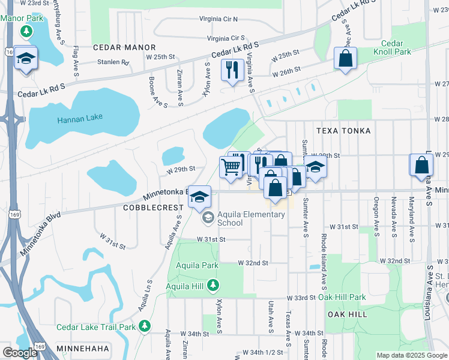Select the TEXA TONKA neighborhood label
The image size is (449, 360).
343,130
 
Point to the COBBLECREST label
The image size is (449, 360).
152,208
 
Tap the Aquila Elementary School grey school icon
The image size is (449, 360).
208,218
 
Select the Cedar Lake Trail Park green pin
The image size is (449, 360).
145,326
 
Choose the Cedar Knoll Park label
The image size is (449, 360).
397,47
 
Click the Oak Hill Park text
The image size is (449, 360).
342,297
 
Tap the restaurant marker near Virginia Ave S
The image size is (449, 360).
231,70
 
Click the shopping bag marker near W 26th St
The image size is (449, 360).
346,58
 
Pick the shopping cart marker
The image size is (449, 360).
231,167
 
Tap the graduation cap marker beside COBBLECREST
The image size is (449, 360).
200,196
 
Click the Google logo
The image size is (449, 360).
20,353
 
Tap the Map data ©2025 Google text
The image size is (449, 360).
411,355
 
